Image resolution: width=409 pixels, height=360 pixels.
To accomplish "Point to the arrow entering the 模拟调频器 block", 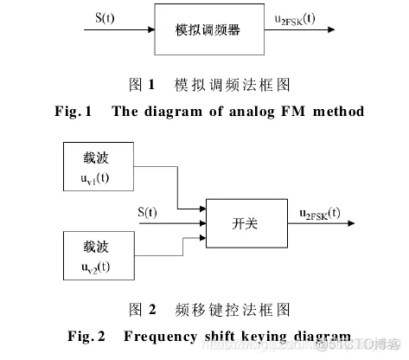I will click(118, 29).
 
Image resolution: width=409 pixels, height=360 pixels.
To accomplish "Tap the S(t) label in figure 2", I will click(152, 210).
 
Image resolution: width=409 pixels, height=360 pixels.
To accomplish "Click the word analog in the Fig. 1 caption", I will click(241, 111).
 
